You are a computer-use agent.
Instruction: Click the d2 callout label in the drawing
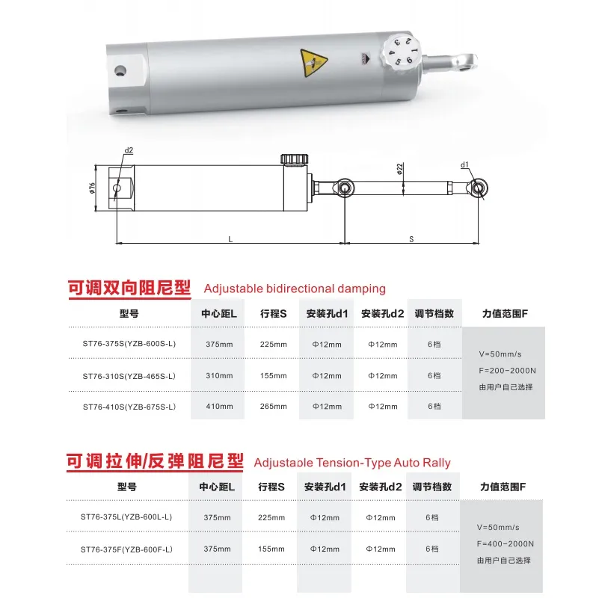coord(129,150)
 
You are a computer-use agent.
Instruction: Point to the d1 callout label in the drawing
coord(464,164)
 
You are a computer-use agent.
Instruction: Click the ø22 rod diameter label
coord(399,169)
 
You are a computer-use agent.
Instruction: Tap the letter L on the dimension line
coord(230,238)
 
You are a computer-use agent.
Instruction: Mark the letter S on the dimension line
coord(411,238)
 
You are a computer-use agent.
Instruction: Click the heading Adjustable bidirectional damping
coord(295,288)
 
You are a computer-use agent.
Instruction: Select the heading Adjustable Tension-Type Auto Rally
coord(352,463)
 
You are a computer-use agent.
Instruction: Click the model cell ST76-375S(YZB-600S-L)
coord(129,344)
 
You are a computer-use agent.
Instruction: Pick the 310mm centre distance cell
coord(218,375)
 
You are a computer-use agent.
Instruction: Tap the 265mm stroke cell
coord(273,407)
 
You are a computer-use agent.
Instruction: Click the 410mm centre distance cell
coord(218,407)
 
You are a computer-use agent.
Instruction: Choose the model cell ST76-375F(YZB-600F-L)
coord(127,549)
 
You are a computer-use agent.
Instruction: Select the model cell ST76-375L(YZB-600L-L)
coord(127,517)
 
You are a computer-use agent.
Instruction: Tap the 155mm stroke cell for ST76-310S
coord(273,375)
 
